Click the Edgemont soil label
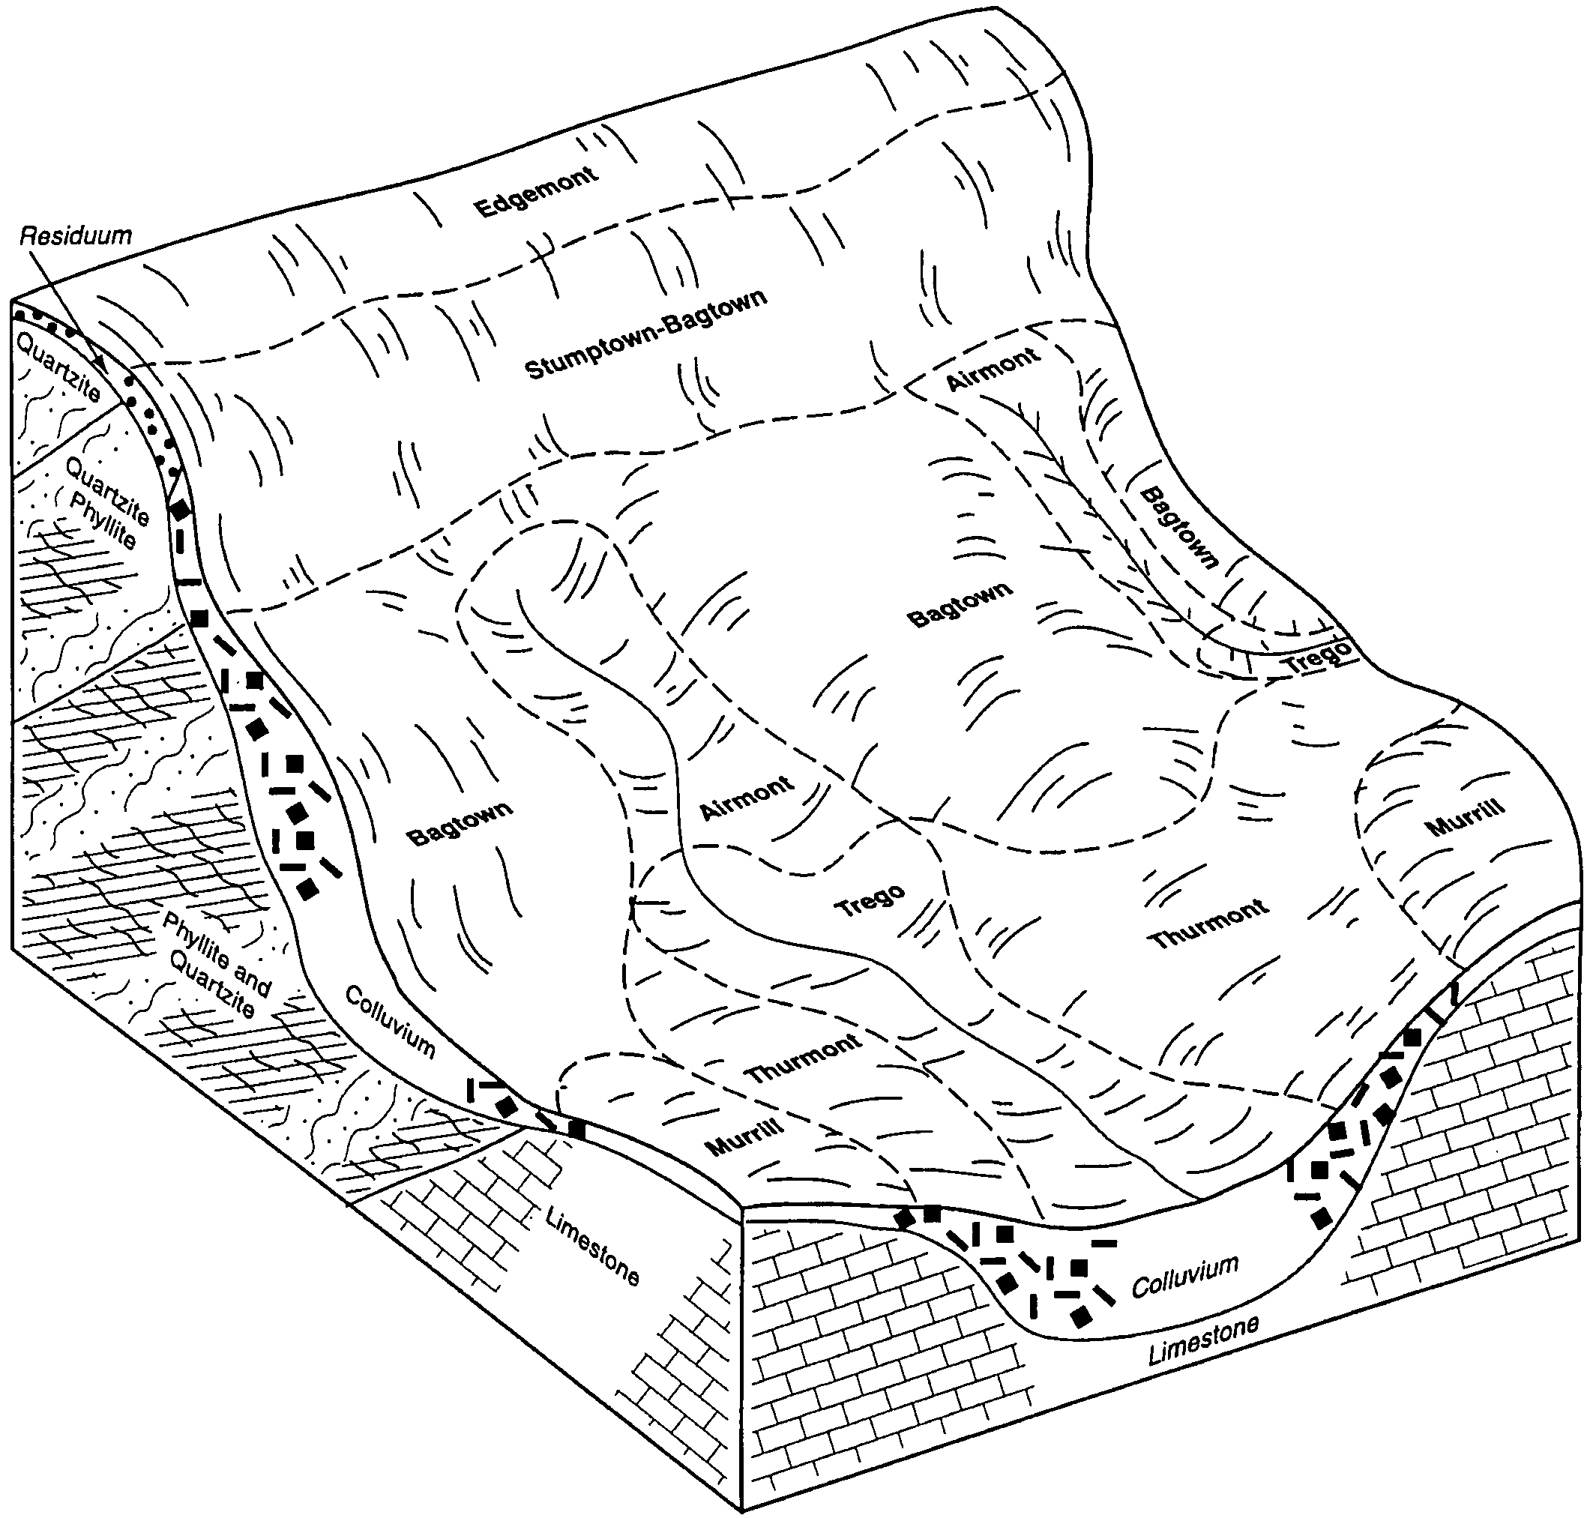(537, 192)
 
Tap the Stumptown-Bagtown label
(645, 334)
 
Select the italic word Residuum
(75, 236)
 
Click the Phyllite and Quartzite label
(217, 966)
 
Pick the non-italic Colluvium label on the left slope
(391, 1022)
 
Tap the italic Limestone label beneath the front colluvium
(1204, 1341)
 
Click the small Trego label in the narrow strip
(1318, 656)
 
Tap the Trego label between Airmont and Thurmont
(870, 900)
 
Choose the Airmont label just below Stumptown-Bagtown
(993, 368)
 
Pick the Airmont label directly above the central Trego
(747, 798)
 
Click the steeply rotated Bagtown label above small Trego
(1179, 528)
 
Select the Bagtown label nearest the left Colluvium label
(460, 824)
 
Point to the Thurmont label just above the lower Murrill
(804, 1058)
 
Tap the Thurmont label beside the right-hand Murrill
(1209, 924)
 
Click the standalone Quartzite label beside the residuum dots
(58, 367)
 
